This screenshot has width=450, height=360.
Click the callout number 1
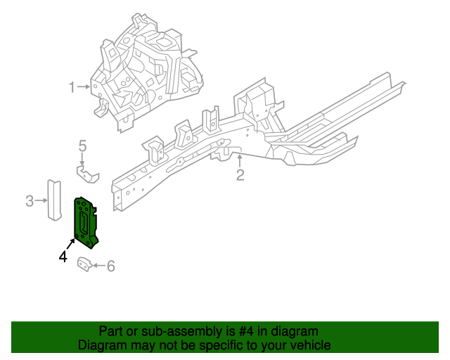coord(72,87)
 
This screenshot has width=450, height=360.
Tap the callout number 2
coord(240,175)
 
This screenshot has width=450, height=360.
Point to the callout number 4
coord(63,257)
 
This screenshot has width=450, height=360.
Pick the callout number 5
coord(82,146)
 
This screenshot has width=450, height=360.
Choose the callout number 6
coord(110,266)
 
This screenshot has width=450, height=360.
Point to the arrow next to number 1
coord(84,87)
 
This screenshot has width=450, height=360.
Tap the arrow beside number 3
coord(41,202)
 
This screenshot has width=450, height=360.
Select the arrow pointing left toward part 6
coord(98,266)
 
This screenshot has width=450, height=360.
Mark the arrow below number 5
coord(82,160)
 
